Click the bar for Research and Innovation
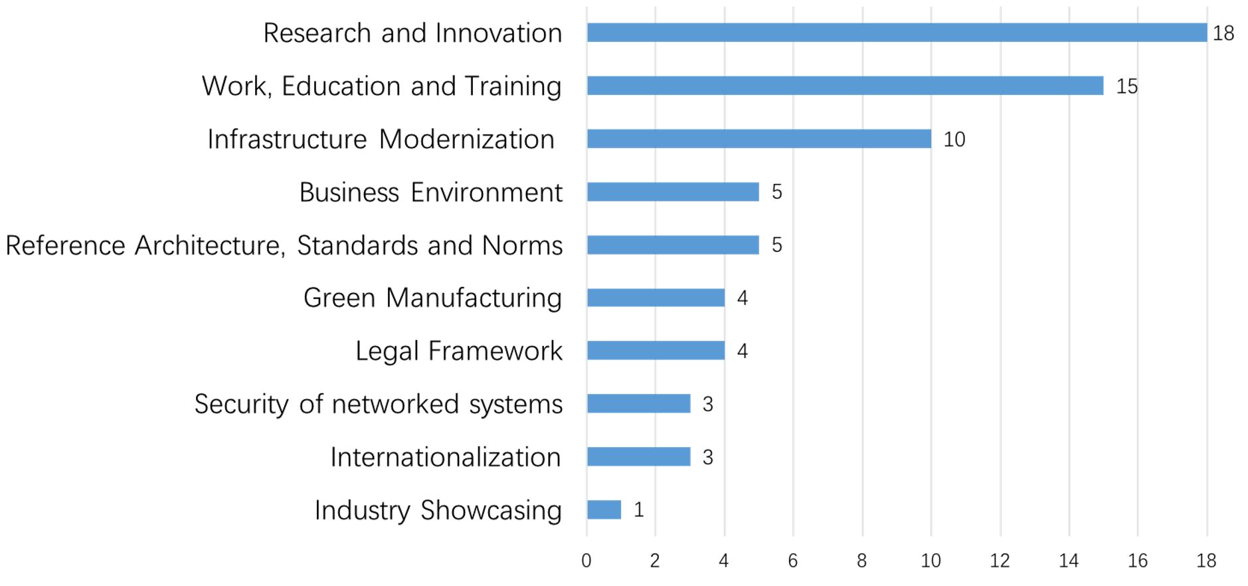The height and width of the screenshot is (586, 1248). point(897,33)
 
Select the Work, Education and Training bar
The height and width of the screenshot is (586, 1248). point(845,86)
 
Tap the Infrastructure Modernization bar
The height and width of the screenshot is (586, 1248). point(758,139)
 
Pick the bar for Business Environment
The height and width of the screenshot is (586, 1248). point(672,192)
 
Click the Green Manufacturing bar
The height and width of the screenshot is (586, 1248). point(656,298)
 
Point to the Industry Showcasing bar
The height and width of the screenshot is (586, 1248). point(604,510)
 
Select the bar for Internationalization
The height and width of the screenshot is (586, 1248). point(638,456)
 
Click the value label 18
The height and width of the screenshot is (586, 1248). point(1223,33)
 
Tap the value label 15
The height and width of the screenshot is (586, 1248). point(1126,86)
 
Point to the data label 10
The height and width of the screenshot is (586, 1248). point(954,140)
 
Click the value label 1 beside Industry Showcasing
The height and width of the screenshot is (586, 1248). point(638,510)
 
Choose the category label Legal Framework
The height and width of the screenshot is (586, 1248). point(458,351)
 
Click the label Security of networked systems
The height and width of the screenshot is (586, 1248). point(378,404)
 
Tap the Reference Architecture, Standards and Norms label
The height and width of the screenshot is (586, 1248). point(284,245)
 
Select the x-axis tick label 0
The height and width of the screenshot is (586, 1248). point(586,561)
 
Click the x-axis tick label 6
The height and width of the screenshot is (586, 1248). point(792,561)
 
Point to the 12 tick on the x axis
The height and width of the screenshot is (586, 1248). point(999,561)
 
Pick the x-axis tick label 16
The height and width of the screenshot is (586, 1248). point(1137,561)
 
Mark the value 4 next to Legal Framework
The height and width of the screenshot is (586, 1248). point(742,351)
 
